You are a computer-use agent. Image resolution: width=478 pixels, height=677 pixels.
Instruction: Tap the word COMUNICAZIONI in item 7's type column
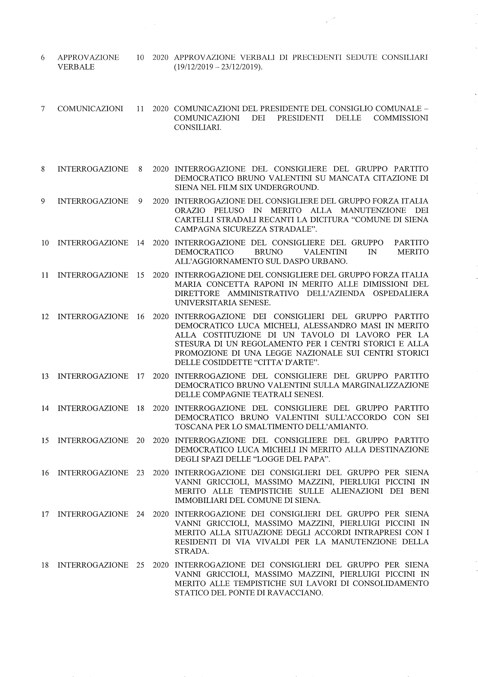90,109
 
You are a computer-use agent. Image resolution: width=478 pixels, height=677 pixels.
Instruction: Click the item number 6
43,58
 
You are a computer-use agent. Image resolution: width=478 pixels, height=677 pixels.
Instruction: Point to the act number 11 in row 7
140,109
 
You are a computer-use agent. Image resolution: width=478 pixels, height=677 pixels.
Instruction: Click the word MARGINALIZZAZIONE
389,385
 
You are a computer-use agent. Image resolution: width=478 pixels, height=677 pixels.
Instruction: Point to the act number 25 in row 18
140,565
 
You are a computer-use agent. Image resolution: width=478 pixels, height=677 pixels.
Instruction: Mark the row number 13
45,376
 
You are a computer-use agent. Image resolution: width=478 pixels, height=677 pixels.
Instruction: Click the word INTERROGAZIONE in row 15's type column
93,440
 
